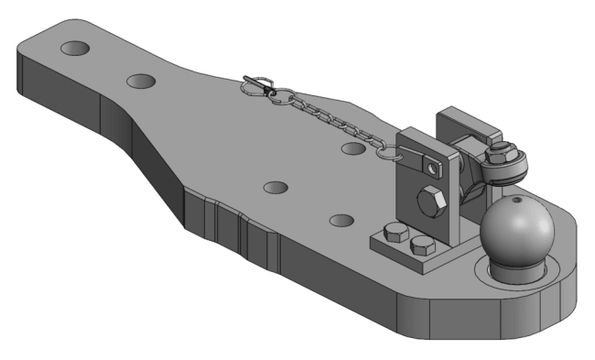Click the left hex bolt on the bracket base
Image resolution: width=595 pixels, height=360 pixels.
pyautogui.click(x=395, y=231)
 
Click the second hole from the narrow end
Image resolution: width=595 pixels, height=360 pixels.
pyautogui.click(x=141, y=82)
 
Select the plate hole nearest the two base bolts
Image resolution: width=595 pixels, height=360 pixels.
pyautogui.click(x=341, y=220)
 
